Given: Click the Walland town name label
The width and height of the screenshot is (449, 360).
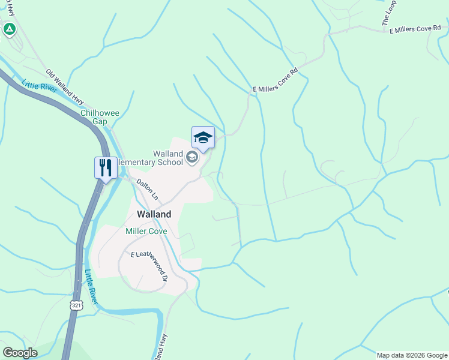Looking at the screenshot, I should (x=154, y=214).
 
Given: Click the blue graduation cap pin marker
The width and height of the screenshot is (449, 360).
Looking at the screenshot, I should (x=203, y=137).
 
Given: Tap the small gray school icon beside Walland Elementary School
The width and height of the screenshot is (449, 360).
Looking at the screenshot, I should (x=192, y=158).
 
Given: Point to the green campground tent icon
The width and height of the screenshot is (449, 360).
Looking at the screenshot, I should (x=9, y=28).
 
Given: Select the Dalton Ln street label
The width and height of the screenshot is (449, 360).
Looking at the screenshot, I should (x=147, y=189).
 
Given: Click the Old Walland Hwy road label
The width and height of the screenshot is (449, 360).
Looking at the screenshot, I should (x=65, y=85).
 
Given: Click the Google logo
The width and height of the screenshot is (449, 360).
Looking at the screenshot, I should (x=20, y=353).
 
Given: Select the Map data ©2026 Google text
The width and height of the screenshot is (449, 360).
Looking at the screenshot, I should (x=412, y=355).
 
